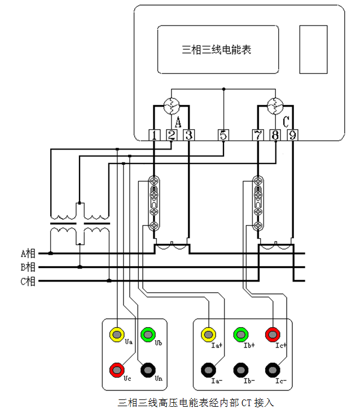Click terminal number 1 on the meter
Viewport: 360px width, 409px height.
[x=154, y=135]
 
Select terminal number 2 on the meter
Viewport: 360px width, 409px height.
[x=172, y=135]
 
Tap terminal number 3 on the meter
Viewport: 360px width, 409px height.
[x=188, y=135]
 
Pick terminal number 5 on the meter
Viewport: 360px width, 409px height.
[x=223, y=135]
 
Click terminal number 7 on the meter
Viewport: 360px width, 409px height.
[x=258, y=135]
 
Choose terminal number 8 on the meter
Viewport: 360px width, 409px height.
[x=275, y=135]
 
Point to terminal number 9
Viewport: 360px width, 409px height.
[x=292, y=135]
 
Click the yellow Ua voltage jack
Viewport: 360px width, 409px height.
[x=117, y=335]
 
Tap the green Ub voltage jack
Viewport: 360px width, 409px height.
[x=148, y=335]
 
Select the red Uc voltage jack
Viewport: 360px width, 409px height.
[x=117, y=370]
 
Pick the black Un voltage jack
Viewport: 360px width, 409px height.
[x=148, y=370]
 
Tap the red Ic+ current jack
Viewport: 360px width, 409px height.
[x=274, y=335]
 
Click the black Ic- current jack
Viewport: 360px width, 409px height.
[x=274, y=371]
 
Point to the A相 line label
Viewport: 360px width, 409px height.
[x=28, y=253]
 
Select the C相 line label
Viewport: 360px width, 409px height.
[x=28, y=281]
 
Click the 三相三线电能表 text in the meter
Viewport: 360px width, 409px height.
[x=217, y=50]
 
